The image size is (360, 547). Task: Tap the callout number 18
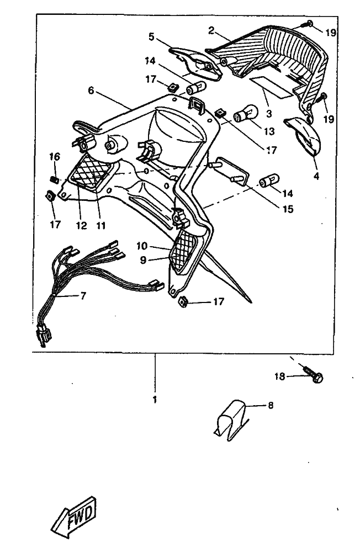(x=280, y=376)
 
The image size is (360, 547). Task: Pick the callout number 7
(x=83, y=296)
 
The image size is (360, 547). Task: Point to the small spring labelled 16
(x=55, y=178)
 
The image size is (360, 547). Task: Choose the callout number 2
(x=211, y=30)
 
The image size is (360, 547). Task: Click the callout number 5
(x=152, y=38)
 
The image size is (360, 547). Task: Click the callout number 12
(x=81, y=225)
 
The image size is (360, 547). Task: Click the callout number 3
(x=269, y=114)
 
